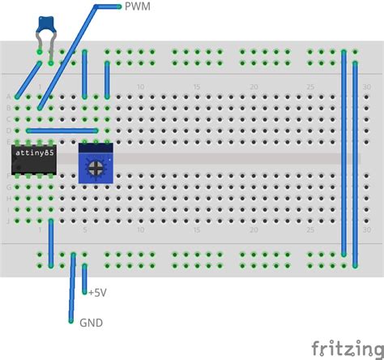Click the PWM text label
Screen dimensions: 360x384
138,6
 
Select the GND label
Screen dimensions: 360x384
91,322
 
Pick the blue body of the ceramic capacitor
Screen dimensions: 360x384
46,28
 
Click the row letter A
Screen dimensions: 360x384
9,96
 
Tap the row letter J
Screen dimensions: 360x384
9,220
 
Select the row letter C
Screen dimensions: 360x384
9,119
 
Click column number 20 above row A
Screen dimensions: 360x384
254,87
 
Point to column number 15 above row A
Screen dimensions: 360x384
197,87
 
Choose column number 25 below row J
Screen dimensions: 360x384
310,229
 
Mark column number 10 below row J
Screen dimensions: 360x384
140,229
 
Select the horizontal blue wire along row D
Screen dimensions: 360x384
62,131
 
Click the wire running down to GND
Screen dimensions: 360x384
72,288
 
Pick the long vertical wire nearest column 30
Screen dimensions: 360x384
355,162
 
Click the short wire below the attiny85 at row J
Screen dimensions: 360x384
51,243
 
